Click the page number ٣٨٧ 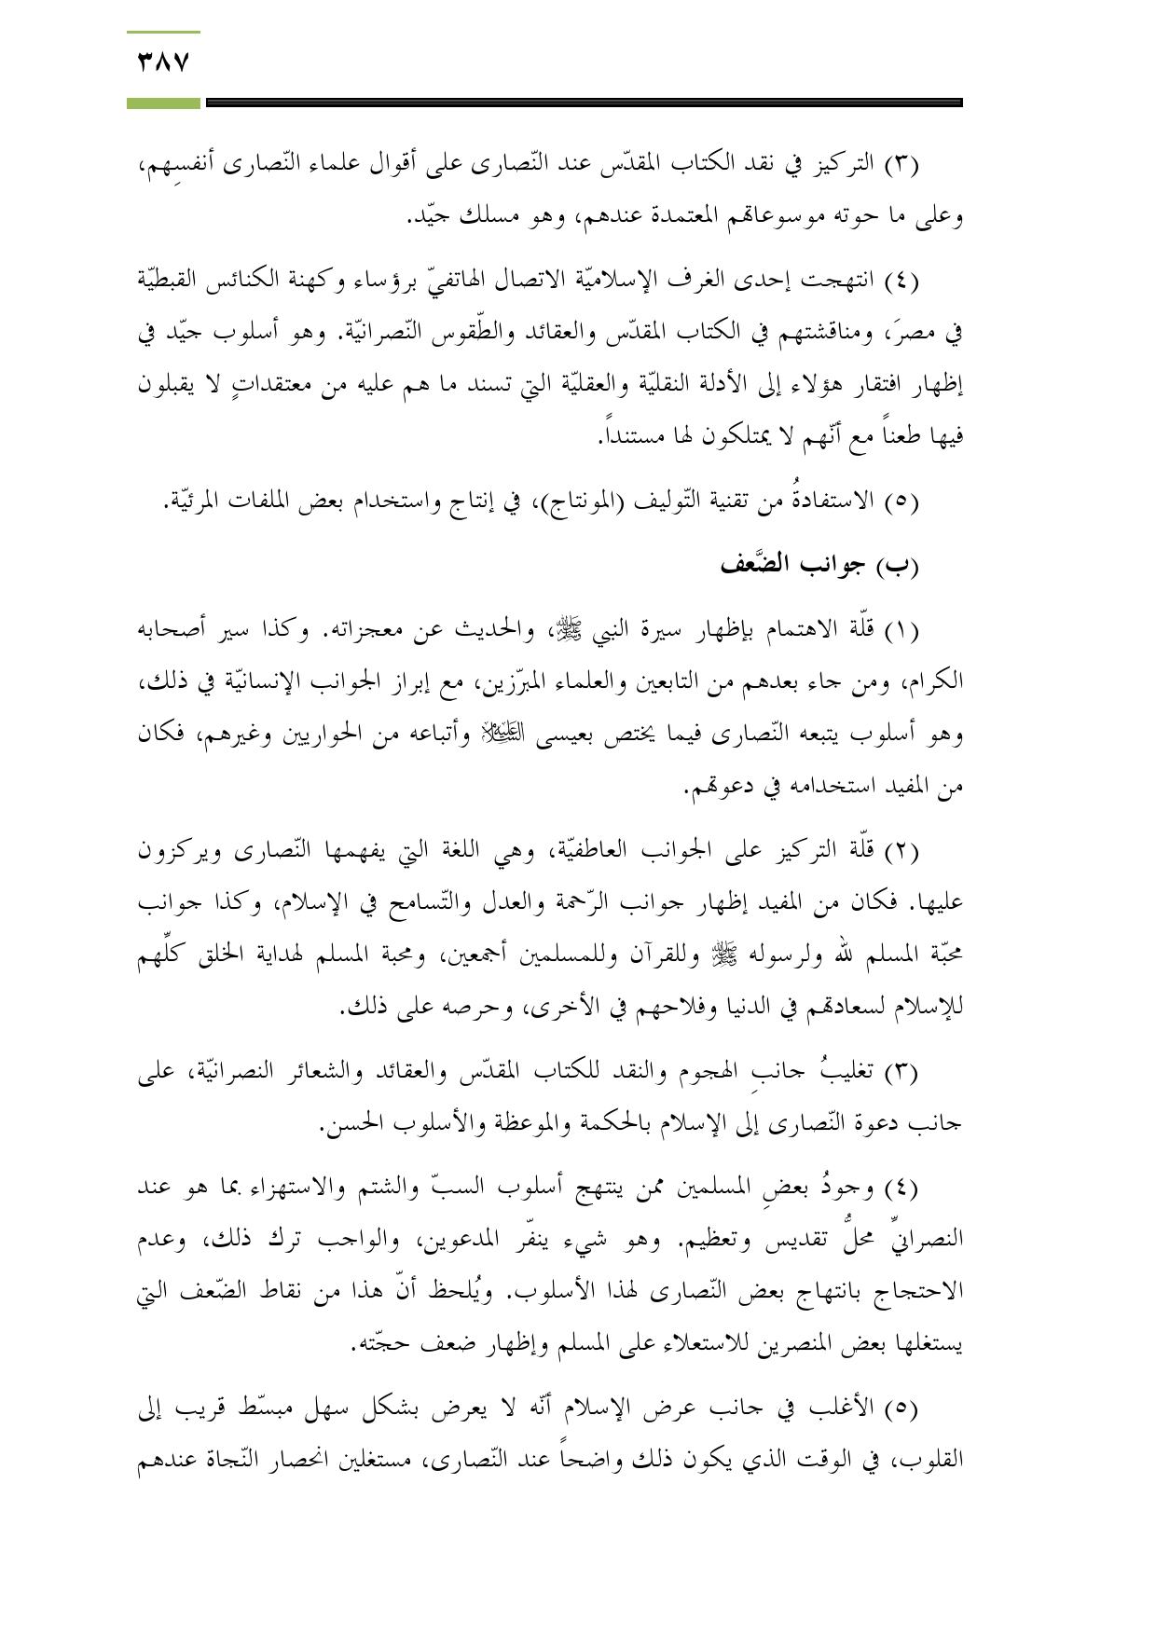click(x=164, y=63)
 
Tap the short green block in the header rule click(x=164, y=103)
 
